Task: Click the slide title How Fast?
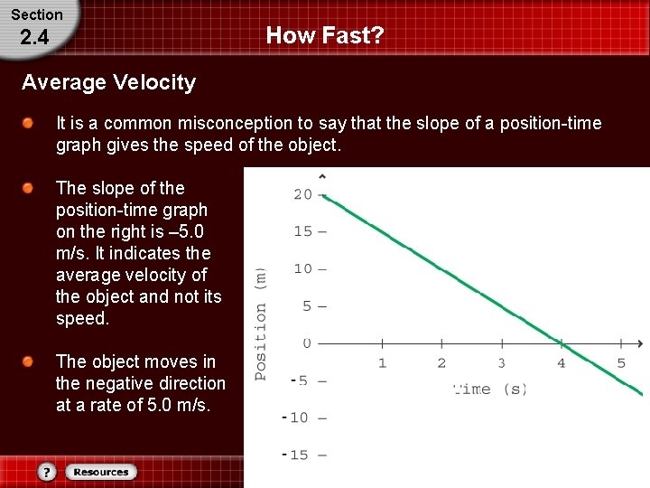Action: tap(325, 36)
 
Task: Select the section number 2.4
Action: tap(33, 38)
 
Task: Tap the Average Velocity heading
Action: tap(108, 83)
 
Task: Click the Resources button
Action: tap(100, 472)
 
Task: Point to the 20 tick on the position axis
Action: tap(302, 194)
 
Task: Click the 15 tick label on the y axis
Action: tap(302, 231)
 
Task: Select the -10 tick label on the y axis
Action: tap(298, 418)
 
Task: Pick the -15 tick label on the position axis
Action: tap(298, 455)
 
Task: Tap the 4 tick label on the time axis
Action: tap(561, 363)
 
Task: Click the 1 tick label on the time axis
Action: tap(382, 363)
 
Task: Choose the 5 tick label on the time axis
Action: tap(621, 363)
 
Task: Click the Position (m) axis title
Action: tap(261, 323)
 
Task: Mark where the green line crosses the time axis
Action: tap(561, 343)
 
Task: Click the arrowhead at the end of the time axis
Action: tap(639, 343)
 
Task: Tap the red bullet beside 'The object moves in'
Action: tap(30, 361)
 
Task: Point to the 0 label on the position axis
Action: tap(307, 343)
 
